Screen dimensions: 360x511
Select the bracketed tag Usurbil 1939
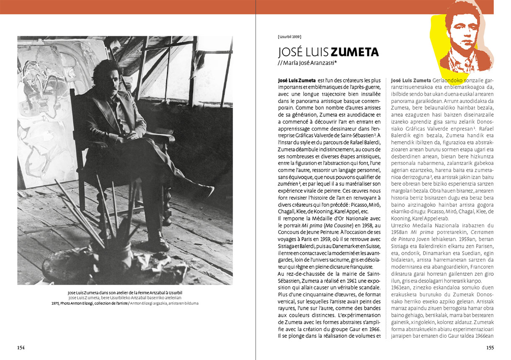click(289, 37)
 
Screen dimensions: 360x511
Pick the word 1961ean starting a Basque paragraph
click(400, 289)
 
